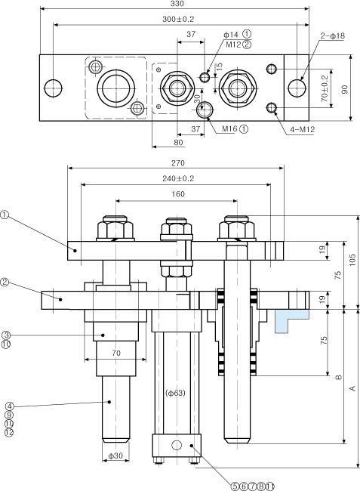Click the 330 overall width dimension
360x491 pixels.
tap(177, 4)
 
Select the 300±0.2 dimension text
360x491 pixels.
tap(178, 19)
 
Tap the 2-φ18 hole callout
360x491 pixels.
tap(332, 36)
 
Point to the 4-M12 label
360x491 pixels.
tap(302, 129)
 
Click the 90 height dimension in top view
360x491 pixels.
tap(345, 89)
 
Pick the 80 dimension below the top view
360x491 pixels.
tap(178, 143)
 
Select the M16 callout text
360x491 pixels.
tap(230, 128)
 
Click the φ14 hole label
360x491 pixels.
tap(231, 35)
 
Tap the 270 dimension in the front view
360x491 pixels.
tap(178, 163)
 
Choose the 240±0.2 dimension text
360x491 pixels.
tap(178, 178)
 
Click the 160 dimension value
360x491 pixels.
tap(178, 194)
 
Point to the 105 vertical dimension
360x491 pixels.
tap(352, 260)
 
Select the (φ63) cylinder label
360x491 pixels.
tap(175, 393)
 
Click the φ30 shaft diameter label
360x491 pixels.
tap(115, 455)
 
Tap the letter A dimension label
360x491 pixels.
tap(353, 388)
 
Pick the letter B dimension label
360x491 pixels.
tap(338, 377)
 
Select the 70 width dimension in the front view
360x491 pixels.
tap(115, 354)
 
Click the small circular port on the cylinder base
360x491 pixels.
tap(177, 445)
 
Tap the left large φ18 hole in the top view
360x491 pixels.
tap(53, 88)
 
